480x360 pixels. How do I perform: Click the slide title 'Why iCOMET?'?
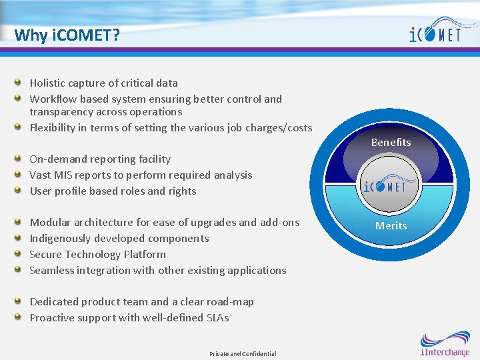[x=67, y=35]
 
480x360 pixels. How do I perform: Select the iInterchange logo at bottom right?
[x=445, y=344]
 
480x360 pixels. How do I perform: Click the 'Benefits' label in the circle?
[x=391, y=142]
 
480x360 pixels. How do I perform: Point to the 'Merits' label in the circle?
[x=391, y=226]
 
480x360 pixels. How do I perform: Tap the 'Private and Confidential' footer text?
[x=243, y=353]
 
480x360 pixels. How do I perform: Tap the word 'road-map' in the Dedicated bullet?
[x=230, y=302]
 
